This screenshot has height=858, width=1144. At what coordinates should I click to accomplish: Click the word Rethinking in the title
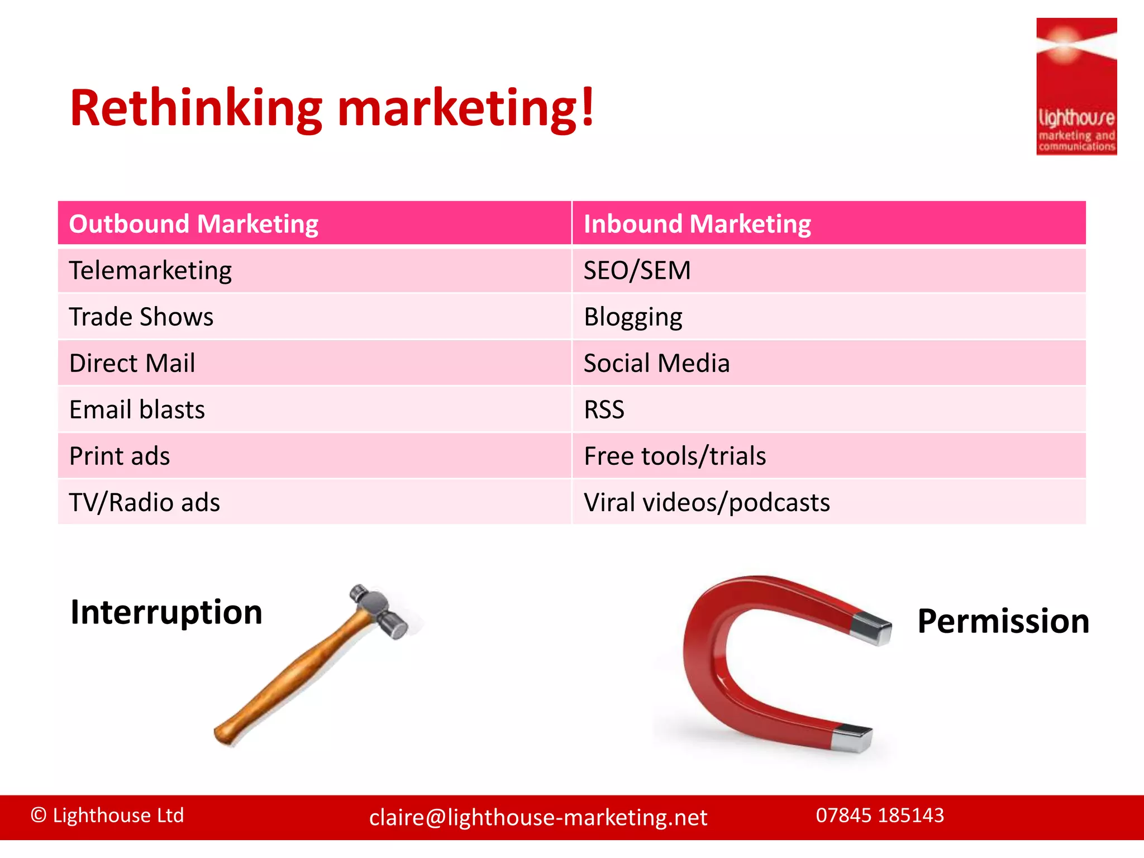pyautogui.click(x=196, y=108)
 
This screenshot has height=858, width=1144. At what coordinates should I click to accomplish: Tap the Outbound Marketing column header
pyautogui.click(x=193, y=224)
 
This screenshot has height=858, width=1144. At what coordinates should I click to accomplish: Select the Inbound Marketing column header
pyautogui.click(x=697, y=224)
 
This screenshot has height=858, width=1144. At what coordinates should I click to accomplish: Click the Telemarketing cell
pyautogui.click(x=150, y=271)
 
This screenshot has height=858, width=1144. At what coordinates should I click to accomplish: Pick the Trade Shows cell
pyautogui.click(x=141, y=317)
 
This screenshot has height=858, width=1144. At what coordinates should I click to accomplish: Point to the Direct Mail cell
pyautogui.click(x=132, y=364)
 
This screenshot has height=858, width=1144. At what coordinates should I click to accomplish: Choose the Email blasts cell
pyautogui.click(x=137, y=410)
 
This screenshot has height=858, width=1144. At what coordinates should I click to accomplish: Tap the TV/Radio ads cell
pyautogui.click(x=145, y=503)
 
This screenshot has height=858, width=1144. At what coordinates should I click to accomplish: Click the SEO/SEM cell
pyautogui.click(x=637, y=271)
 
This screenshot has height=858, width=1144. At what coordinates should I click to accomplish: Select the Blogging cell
pyautogui.click(x=633, y=317)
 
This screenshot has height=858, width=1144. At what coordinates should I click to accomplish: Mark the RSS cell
pyautogui.click(x=604, y=410)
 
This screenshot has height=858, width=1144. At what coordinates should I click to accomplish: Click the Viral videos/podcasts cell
pyautogui.click(x=707, y=503)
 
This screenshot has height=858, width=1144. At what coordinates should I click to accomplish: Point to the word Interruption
pyautogui.click(x=166, y=612)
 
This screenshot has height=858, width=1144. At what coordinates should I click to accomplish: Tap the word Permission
pyautogui.click(x=1003, y=621)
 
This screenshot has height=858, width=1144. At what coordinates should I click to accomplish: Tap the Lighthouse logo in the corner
pyautogui.click(x=1076, y=87)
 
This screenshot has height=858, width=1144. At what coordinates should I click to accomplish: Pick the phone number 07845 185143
pyautogui.click(x=880, y=816)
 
